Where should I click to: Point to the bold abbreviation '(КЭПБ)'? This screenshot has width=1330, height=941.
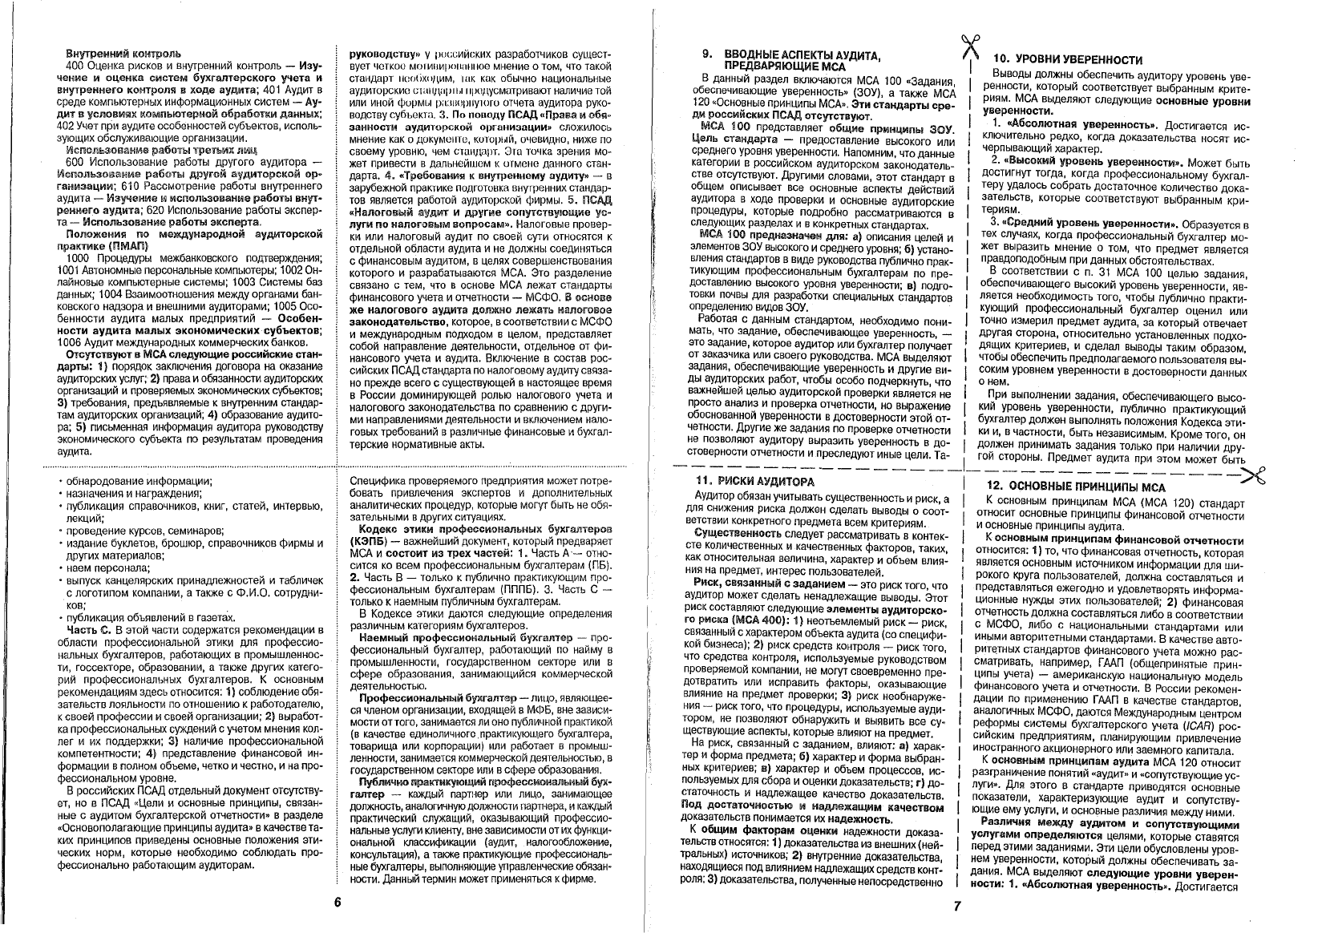[x=370, y=541]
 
